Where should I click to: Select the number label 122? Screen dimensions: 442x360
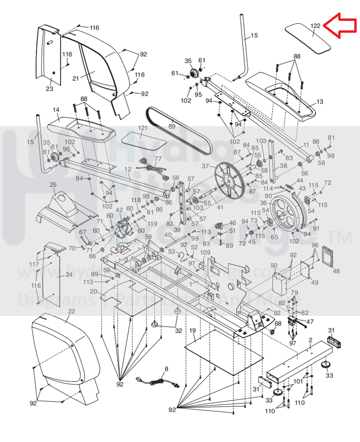(315, 26)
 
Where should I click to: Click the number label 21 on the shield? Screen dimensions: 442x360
(75, 78)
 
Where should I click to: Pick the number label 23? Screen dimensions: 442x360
(49, 89)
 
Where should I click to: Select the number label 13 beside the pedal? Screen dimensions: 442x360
(320, 102)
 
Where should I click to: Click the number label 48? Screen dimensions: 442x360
(336, 271)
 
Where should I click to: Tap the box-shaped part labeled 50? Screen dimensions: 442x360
(280, 284)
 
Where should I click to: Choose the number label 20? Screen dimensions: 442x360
(93, 292)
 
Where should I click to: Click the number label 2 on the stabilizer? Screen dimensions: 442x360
(310, 339)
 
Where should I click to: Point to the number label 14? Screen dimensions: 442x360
(56, 110)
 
